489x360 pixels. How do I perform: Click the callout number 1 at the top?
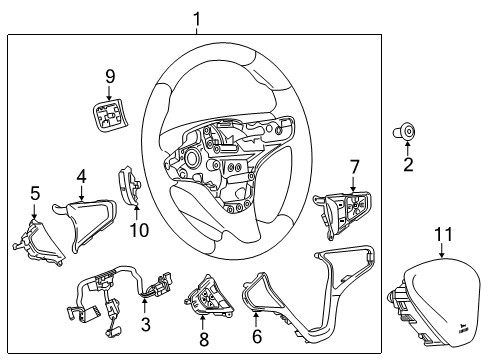(197, 17)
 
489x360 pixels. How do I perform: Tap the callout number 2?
(408, 165)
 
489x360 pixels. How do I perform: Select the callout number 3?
(146, 325)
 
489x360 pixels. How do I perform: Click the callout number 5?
(34, 193)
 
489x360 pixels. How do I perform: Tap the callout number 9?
(111, 75)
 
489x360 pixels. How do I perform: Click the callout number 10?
(139, 229)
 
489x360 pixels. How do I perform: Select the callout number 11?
(442, 235)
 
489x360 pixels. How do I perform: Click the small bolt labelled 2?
(408, 129)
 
